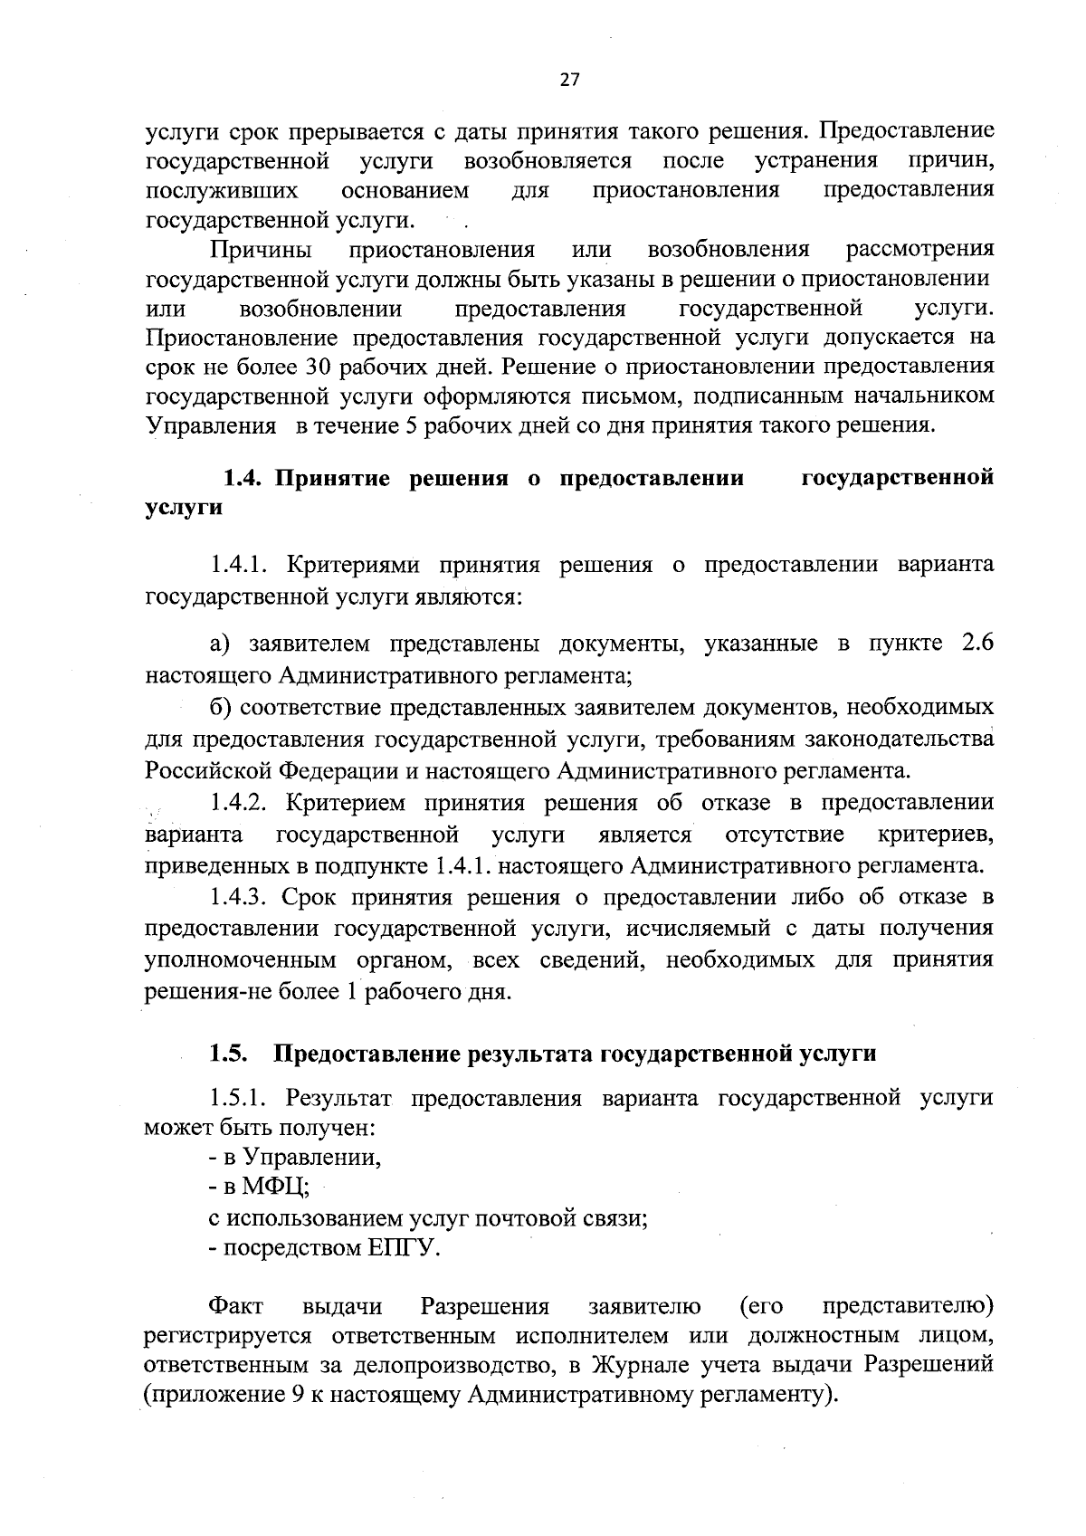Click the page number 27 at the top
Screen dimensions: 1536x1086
coord(568,79)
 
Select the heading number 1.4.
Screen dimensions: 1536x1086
coord(243,478)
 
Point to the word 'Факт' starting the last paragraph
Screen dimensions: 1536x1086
coord(236,1307)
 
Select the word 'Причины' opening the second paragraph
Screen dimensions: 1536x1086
coord(262,249)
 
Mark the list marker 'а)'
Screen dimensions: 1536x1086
coord(221,644)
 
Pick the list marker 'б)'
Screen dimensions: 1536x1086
coord(222,706)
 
